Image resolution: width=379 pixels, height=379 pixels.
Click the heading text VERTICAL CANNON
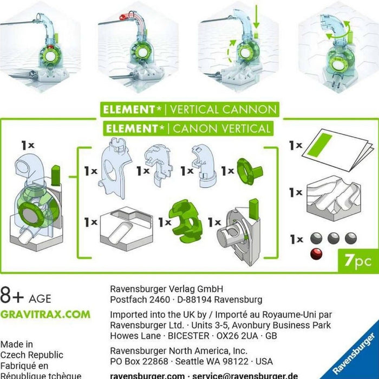coord(223,109)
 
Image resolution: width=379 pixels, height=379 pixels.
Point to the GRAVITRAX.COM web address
coord(45,315)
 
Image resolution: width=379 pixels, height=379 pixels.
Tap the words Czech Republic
coord(31,355)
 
